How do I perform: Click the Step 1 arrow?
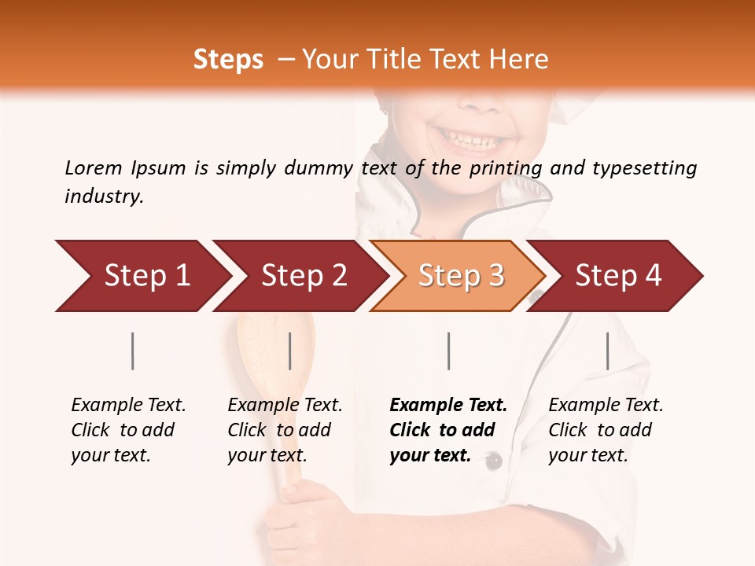point(142,276)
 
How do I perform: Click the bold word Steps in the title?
point(228,60)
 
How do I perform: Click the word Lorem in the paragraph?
point(94,167)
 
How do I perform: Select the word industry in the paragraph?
point(103,196)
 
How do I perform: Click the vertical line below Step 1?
point(133,351)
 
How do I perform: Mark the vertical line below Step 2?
point(290,351)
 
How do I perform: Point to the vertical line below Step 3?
point(448,351)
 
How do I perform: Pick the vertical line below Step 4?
point(607,351)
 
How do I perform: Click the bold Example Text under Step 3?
point(448,405)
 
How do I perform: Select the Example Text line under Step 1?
point(128,405)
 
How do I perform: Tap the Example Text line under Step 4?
point(606,405)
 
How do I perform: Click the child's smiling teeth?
point(471,140)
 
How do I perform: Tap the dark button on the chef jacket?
point(493,461)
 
